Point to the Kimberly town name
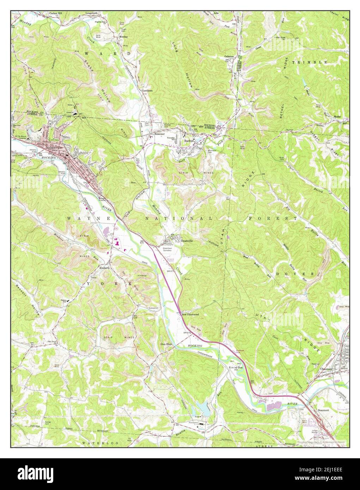pyautogui.click(x=104, y=268)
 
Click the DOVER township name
pyautogui.click(x=295, y=274)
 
